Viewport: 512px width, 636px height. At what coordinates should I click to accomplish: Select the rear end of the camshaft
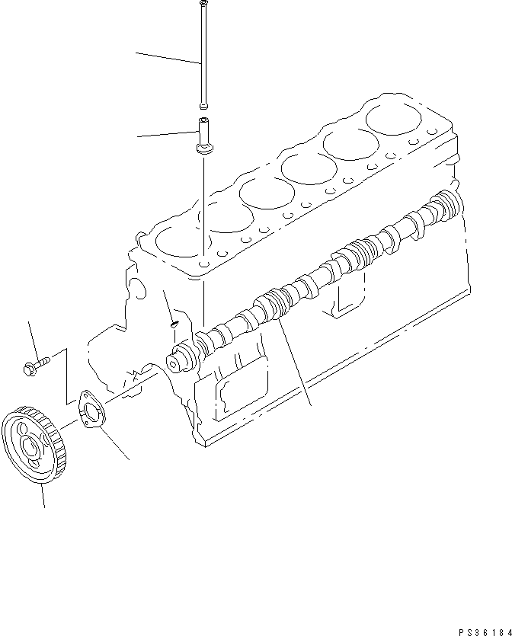pos(449,204)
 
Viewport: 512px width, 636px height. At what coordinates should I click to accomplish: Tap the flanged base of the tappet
pos(204,149)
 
